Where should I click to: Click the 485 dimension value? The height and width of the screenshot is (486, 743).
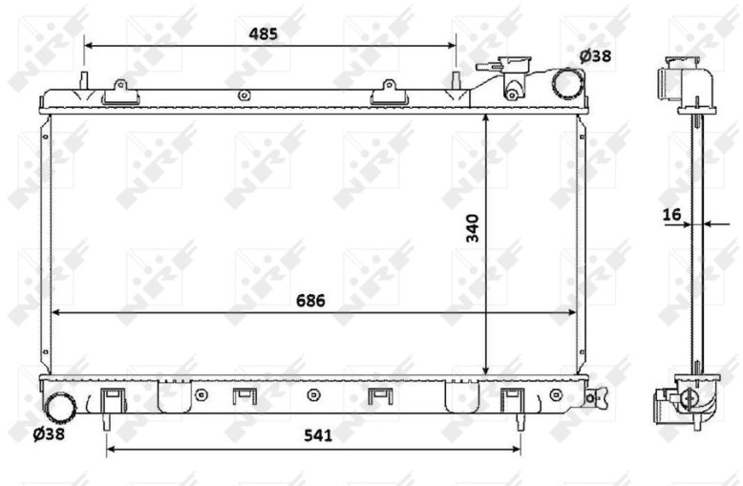pos(263,34)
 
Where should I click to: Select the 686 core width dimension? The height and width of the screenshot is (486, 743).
pos(310,301)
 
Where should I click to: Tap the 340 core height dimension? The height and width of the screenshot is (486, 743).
pos(473,228)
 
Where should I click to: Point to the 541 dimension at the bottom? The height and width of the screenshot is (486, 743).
pos(318,435)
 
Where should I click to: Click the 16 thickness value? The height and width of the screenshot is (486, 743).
pos(672,215)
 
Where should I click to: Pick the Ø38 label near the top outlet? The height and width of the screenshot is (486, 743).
pos(595,56)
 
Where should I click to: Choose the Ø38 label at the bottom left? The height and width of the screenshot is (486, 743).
pos(49,433)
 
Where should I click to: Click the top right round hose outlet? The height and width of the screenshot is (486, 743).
pos(567,83)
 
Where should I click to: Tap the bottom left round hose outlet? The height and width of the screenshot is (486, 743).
pos(61,408)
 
